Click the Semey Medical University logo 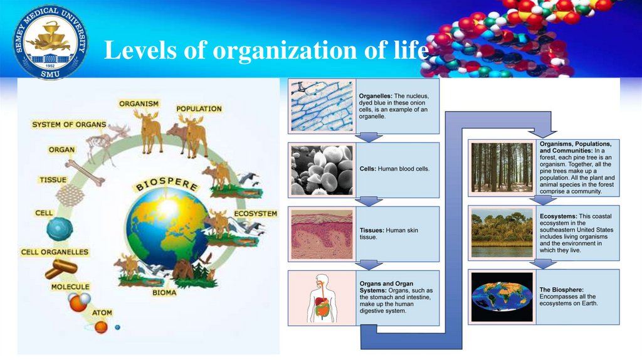[x=51, y=42]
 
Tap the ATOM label [x=102, y=312]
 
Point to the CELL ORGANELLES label [x=55, y=252]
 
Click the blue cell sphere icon [x=60, y=229]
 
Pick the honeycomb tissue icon [x=70, y=196]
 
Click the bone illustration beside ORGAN [x=85, y=172]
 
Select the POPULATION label [x=199, y=109]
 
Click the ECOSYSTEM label [x=255, y=213]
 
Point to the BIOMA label [x=164, y=292]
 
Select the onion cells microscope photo [x=322, y=106]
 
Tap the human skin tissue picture [x=322, y=234]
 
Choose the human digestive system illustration [x=322, y=298]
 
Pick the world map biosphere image [x=502, y=297]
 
